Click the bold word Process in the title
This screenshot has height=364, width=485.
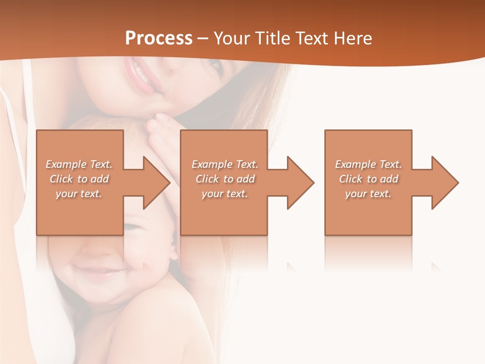159,38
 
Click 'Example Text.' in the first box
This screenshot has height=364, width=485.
79,164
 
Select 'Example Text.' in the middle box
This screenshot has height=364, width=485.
225,164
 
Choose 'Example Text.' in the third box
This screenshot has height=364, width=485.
368,164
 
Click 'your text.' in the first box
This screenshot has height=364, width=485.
79,194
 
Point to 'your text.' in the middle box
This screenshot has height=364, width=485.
224,194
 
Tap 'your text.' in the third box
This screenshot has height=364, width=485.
368,194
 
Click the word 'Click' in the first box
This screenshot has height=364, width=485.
61,179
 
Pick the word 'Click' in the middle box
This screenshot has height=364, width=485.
207,179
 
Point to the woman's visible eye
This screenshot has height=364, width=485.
214,65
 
